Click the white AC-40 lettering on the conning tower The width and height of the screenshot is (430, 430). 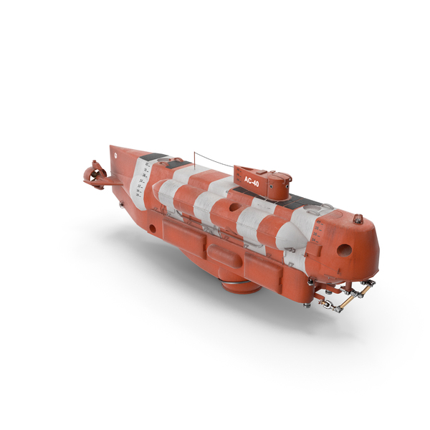tap(252, 181)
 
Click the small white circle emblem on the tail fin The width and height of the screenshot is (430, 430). tap(115, 155)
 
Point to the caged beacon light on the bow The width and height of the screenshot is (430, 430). tap(358, 219)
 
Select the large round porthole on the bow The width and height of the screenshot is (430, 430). tap(344, 250)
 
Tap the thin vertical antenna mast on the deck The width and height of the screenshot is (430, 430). tap(194, 159)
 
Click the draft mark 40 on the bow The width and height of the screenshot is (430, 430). tap(319, 221)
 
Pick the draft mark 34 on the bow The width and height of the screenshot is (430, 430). tap(315, 240)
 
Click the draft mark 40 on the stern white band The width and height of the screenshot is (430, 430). tap(147, 165)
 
